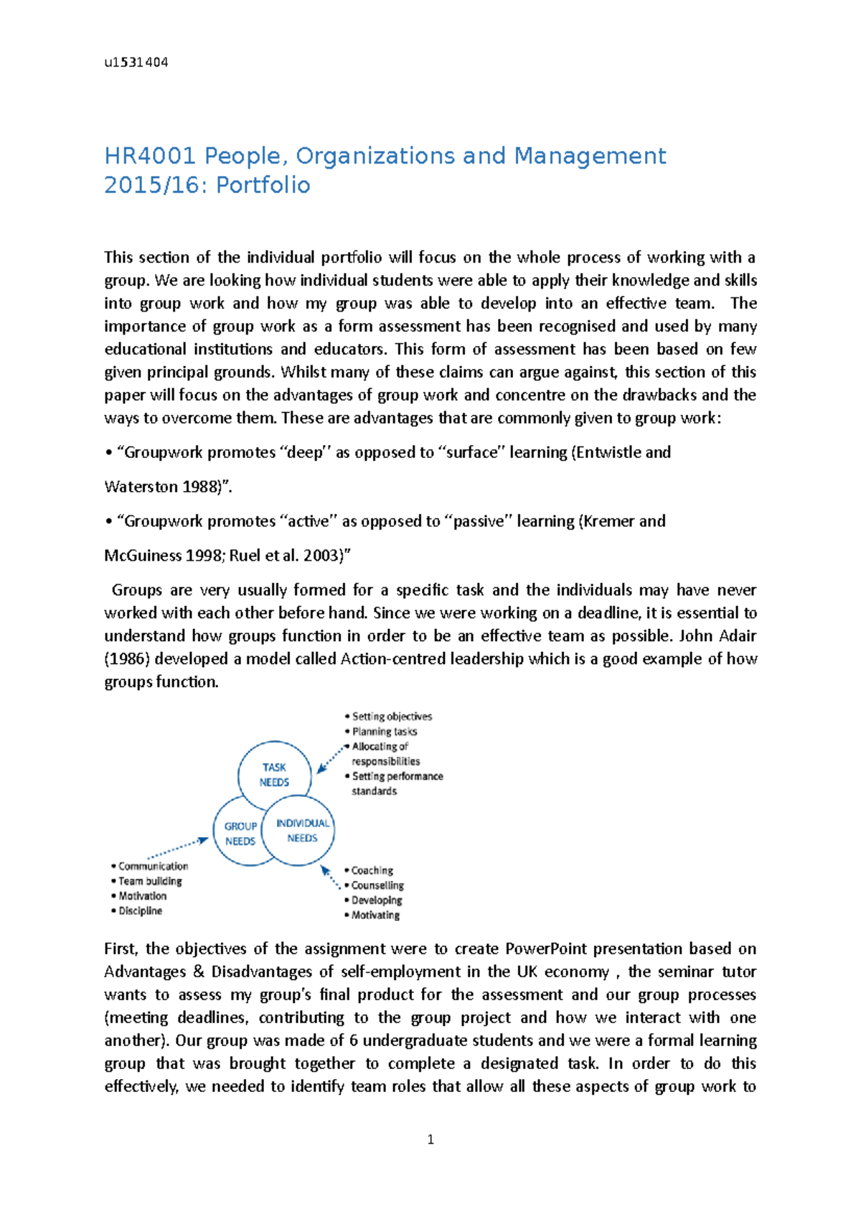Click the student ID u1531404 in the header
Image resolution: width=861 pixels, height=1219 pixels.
pyautogui.click(x=136, y=62)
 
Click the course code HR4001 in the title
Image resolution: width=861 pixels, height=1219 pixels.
pyautogui.click(x=149, y=156)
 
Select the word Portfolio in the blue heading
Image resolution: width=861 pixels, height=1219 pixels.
pyautogui.click(x=263, y=185)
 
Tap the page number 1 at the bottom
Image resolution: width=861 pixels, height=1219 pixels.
pyautogui.click(x=430, y=1139)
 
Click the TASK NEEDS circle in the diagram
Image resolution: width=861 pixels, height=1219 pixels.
pyautogui.click(x=274, y=775)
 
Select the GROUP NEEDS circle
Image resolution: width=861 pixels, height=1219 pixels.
pyautogui.click(x=240, y=833)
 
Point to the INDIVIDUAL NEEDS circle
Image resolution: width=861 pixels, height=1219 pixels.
pyautogui.click(x=302, y=831)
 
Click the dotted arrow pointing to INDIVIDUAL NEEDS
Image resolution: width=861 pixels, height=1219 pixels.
pyautogui.click(x=330, y=877)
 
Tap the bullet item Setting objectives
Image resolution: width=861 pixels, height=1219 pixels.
pyautogui.click(x=392, y=716)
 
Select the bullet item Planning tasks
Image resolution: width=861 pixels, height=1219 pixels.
pyautogui.click(x=384, y=732)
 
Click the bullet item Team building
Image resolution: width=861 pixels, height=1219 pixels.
pyautogui.click(x=150, y=881)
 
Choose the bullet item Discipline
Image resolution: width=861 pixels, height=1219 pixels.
pyautogui.click(x=140, y=910)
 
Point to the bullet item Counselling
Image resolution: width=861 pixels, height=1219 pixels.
pyautogui.click(x=377, y=885)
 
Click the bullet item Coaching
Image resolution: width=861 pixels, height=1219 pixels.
pyautogui.click(x=372, y=870)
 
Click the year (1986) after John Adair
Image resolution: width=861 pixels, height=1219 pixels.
pyautogui.click(x=127, y=659)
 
